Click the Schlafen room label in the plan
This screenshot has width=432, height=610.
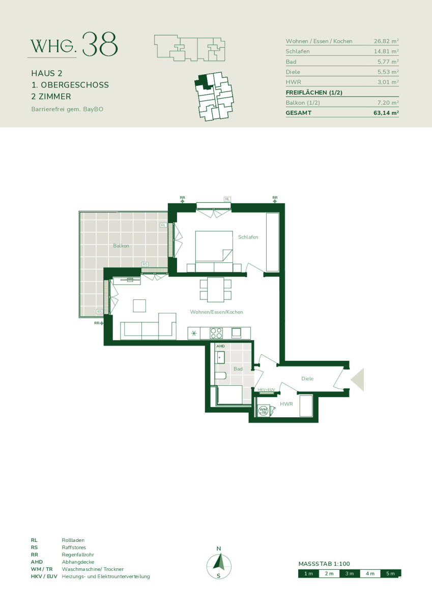[x=248, y=237]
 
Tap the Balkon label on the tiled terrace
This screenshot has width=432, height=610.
[x=121, y=246]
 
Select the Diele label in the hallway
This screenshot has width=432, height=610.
[x=307, y=379]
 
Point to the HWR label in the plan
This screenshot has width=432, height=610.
[x=286, y=404]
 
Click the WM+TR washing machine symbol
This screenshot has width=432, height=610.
[x=263, y=411]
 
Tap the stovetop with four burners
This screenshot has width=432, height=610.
[x=216, y=333]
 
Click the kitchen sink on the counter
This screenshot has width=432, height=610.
[x=236, y=333]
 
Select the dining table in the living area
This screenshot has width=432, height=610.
[x=215, y=289]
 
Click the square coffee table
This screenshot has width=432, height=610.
[x=139, y=306]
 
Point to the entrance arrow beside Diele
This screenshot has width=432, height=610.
[x=357, y=380]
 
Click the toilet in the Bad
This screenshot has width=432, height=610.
[x=220, y=376]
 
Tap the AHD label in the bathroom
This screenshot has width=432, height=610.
[x=220, y=346]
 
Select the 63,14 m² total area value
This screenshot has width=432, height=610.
[x=386, y=113]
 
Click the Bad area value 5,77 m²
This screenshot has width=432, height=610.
[x=388, y=62]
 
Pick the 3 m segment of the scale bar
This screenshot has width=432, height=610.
[x=350, y=573]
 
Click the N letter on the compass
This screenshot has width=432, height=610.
[x=219, y=548]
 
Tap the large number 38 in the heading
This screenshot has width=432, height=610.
[x=100, y=44]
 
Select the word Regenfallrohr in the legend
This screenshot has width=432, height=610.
[x=78, y=555]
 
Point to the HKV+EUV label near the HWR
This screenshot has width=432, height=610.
[x=266, y=390]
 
